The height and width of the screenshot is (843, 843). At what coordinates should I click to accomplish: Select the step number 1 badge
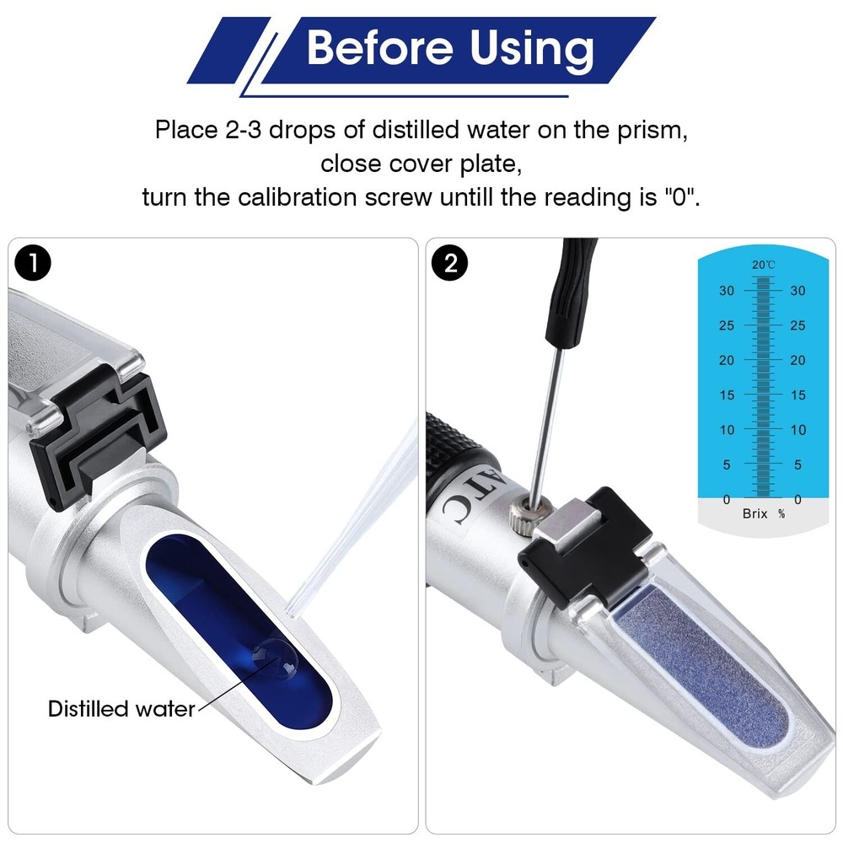pos(33,263)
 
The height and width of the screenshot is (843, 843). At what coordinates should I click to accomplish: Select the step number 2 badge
pos(451,263)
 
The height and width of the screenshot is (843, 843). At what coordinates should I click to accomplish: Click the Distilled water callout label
pos(121,709)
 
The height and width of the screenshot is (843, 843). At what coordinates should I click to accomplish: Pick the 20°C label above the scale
pos(764,265)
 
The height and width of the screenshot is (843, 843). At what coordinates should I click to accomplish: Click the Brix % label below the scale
pos(764,513)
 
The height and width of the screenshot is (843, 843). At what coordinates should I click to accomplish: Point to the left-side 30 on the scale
pos(727,291)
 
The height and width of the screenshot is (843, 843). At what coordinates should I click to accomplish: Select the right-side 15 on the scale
pos(797,395)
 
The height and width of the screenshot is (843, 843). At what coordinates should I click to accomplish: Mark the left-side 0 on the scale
pos(727,499)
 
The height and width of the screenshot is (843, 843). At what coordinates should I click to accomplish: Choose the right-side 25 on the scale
pos(797,326)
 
